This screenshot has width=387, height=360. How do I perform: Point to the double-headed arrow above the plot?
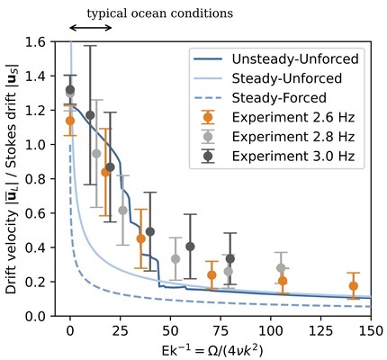click(x=91, y=28)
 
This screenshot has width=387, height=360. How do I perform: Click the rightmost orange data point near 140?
click(x=353, y=286)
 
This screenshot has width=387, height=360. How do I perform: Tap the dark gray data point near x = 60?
click(x=190, y=247)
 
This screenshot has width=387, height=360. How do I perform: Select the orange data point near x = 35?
click(x=140, y=238)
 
